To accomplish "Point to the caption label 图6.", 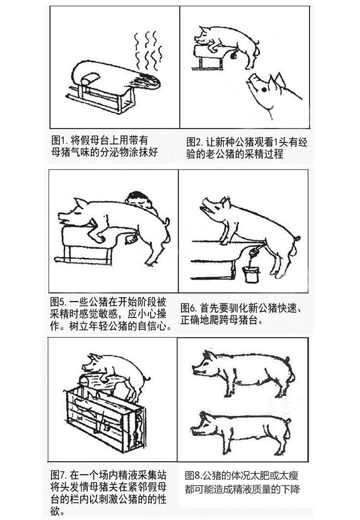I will coord(189,307).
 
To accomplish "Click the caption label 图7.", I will coord(59,475).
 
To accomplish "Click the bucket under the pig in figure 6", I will coord(251,274).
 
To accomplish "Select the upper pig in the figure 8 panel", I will coord(242,370).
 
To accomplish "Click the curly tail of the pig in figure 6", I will coord(298,239).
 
